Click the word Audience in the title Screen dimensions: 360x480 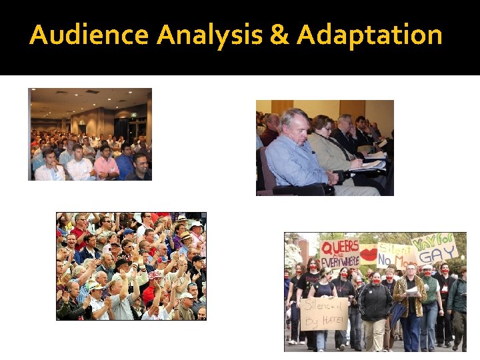point(89,35)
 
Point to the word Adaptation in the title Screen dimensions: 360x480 point(369,35)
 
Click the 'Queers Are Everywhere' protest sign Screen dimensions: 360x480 point(340,253)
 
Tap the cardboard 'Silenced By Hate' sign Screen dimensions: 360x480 point(324,313)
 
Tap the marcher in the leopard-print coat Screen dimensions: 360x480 point(409,303)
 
